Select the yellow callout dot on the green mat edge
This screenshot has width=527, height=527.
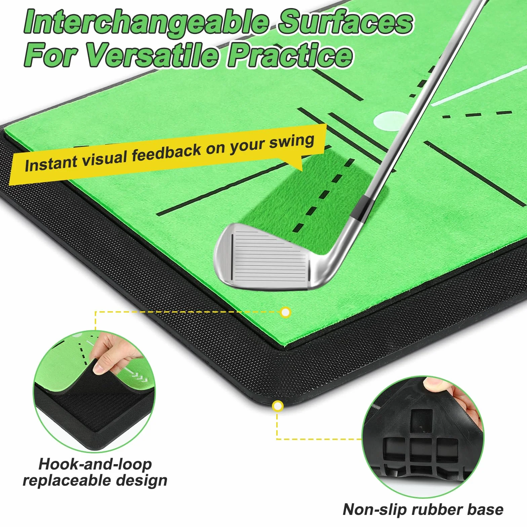coord(285,313)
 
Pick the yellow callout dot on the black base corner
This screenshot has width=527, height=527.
coord(277,406)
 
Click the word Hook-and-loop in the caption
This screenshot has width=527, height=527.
coord(95,464)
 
